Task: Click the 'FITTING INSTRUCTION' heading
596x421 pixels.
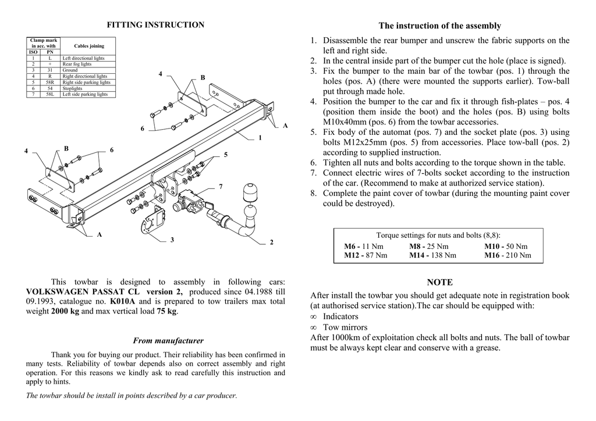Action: point(155,25)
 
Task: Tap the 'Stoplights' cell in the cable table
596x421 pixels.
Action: point(73,88)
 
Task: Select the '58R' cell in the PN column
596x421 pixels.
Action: point(50,83)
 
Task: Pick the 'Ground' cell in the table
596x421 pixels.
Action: point(70,70)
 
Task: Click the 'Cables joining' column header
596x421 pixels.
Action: point(90,46)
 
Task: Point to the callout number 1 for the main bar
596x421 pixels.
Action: point(260,138)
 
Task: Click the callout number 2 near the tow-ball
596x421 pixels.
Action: point(272,242)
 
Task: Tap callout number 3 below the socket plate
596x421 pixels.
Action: point(172,240)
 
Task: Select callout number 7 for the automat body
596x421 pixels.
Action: point(221,186)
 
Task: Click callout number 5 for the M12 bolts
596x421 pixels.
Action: point(225,155)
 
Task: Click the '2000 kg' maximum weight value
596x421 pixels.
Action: point(64,312)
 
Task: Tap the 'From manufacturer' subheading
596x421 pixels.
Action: point(168,341)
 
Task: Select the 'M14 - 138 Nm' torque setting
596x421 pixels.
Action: point(432,255)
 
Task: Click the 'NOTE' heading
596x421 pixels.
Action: point(439,283)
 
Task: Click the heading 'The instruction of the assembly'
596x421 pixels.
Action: point(439,26)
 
